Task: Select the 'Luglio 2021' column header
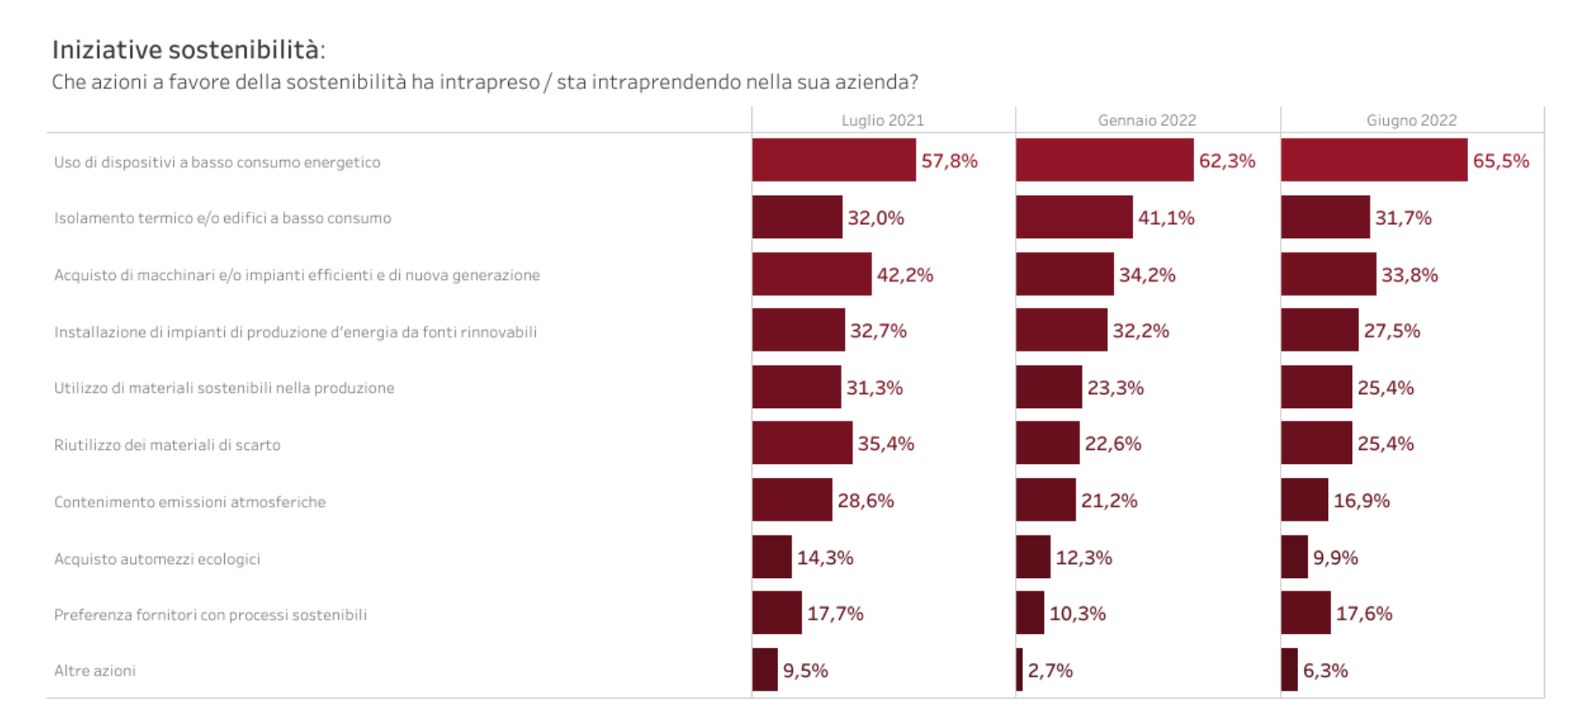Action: point(882,120)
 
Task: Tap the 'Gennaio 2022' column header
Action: point(1146,120)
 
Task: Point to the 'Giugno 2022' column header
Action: point(1411,120)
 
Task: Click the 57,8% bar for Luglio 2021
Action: point(833,160)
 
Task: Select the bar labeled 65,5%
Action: point(1374,160)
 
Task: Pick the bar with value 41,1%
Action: point(1074,217)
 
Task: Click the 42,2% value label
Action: point(905,275)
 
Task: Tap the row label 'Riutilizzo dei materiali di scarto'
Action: point(167,445)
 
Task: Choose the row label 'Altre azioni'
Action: point(95,671)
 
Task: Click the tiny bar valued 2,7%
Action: point(1020,670)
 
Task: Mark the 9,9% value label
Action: point(1336,557)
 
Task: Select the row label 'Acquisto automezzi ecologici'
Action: point(157,559)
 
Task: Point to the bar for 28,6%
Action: point(791,500)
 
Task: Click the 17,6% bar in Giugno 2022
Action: point(1306,613)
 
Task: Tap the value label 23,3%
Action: point(1116,387)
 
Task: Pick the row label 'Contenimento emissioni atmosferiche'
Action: point(190,502)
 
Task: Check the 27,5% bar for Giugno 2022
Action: point(1320,331)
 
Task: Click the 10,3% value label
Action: point(1077,614)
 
